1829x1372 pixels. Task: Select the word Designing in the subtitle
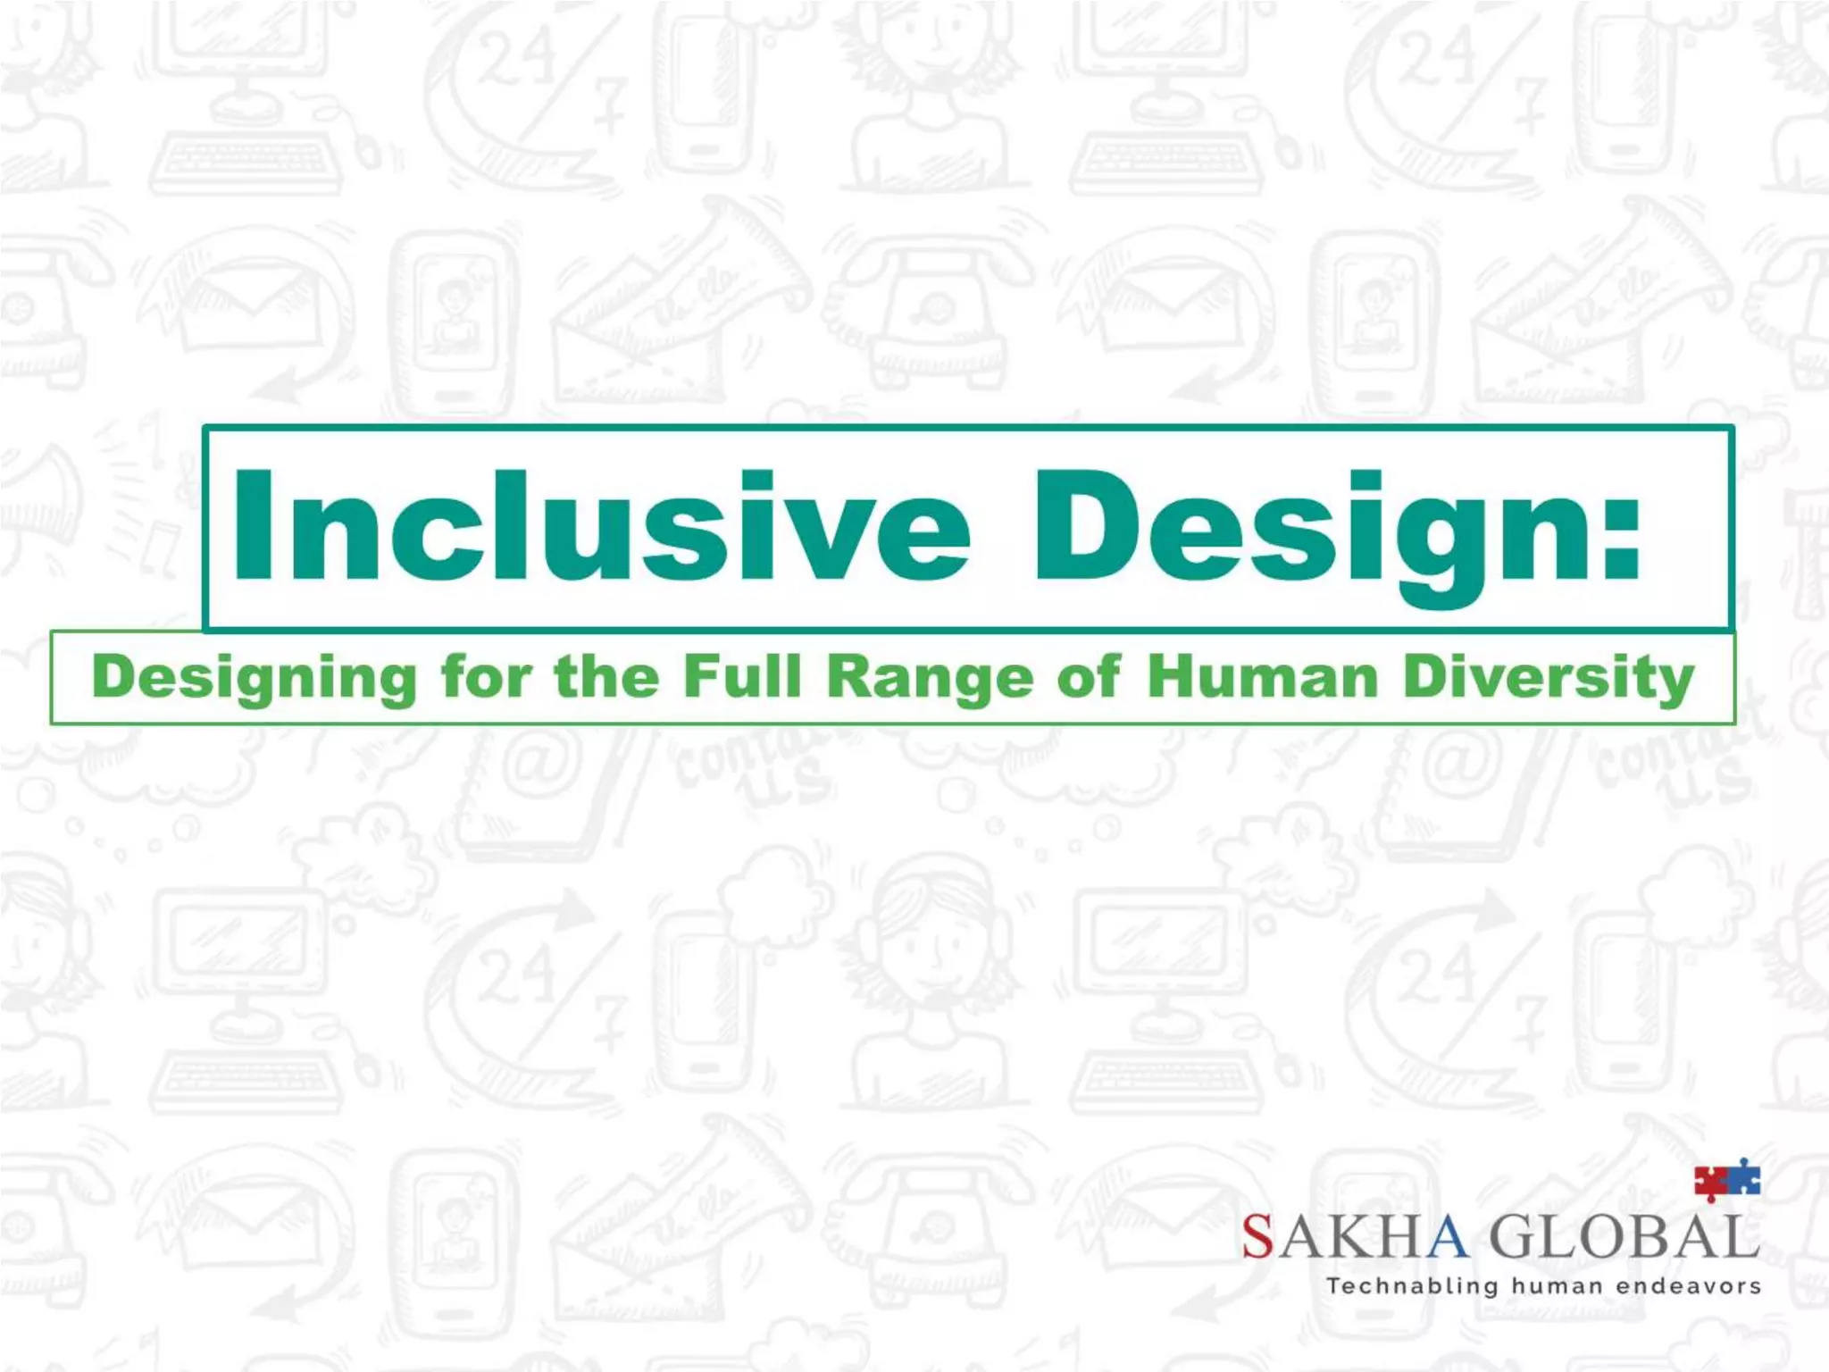point(255,678)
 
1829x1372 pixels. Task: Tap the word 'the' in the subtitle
point(606,676)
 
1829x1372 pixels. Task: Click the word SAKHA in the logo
point(1354,1238)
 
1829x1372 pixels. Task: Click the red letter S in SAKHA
point(1257,1238)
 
